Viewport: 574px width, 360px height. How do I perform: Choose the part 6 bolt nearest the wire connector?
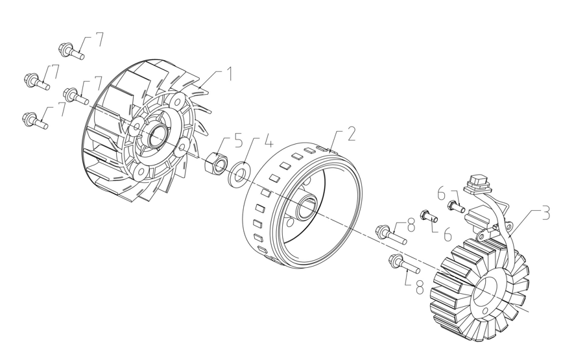point(455,206)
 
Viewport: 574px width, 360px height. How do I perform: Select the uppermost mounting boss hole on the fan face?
point(178,99)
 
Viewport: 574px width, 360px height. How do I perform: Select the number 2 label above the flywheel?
point(351,134)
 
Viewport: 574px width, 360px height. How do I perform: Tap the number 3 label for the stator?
point(545,213)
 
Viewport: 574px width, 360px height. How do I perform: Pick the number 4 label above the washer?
point(269,141)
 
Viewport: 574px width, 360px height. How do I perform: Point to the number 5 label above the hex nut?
point(238,141)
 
